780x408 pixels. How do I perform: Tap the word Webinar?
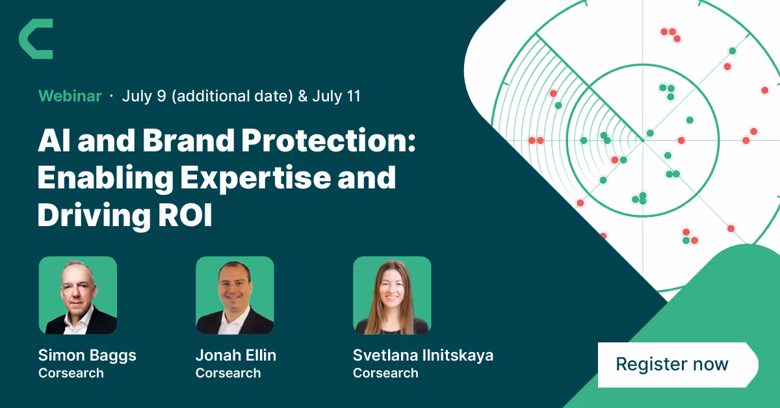70,96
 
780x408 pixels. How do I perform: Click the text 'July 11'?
337,96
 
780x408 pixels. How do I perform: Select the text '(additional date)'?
232,96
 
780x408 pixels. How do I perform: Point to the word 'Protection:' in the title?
329,140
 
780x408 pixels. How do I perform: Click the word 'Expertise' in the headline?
255,178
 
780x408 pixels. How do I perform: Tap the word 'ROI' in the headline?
185,215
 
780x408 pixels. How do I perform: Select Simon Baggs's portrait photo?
77,295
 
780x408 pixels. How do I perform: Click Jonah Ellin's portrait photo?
235,295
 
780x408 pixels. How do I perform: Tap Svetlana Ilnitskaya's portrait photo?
392,295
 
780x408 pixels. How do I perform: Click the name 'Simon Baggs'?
87,356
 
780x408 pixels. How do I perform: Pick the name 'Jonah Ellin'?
236,355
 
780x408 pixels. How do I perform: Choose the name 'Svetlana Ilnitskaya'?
423,356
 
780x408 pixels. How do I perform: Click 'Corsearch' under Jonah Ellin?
228,373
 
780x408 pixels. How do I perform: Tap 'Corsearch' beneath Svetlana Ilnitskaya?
385,373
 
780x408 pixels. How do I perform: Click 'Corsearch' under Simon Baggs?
71,373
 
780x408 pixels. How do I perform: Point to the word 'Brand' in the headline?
188,140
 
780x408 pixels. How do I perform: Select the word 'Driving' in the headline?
94,216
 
